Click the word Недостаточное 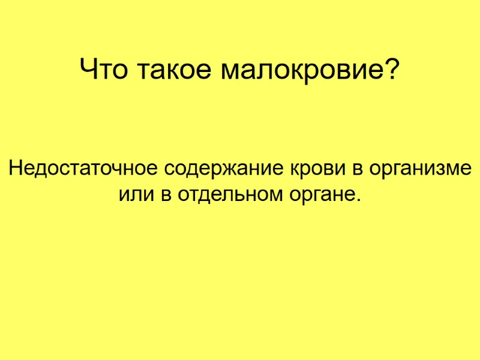pyautogui.click(x=82, y=167)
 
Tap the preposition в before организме pyautogui.click(x=358, y=168)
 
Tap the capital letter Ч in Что pyautogui.click(x=89, y=71)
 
